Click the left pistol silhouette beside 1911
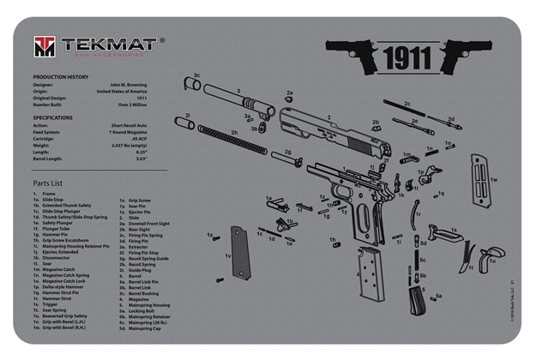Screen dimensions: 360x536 point(352,53)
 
